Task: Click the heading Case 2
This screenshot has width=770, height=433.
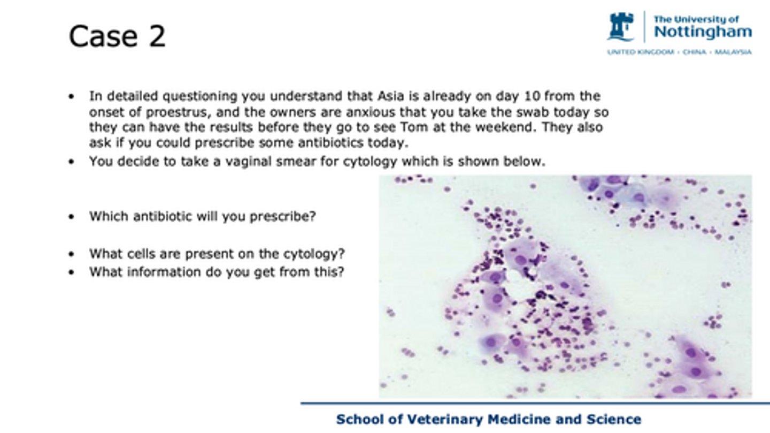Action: click(117, 37)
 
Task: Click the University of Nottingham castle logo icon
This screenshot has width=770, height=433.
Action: click(621, 26)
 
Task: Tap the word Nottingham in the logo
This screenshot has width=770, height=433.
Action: click(703, 32)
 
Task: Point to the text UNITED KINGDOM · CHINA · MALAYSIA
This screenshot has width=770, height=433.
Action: click(679, 52)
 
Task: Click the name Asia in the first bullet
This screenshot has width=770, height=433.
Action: click(392, 96)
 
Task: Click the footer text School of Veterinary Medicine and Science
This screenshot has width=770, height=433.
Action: click(488, 419)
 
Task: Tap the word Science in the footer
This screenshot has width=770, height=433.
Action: click(614, 419)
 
